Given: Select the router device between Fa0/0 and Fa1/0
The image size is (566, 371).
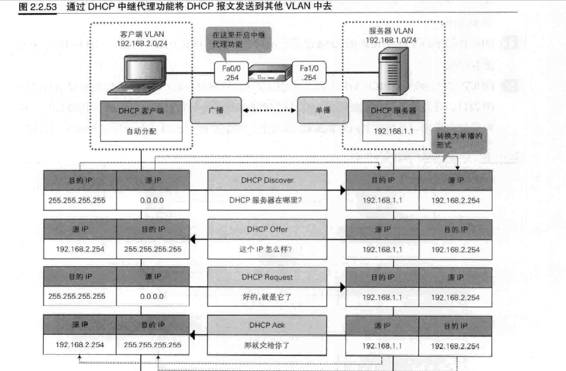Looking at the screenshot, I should tap(269, 75).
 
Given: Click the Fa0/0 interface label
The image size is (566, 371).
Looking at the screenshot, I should tap(224, 67).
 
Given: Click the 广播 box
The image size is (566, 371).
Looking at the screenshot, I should tap(216, 110).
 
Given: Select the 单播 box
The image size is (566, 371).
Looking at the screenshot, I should tap(323, 110).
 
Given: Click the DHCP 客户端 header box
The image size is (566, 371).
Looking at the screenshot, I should tap(142, 110).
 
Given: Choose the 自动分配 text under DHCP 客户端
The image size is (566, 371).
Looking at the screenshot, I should tap(142, 132).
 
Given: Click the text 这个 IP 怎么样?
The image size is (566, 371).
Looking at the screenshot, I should tap(267, 249).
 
